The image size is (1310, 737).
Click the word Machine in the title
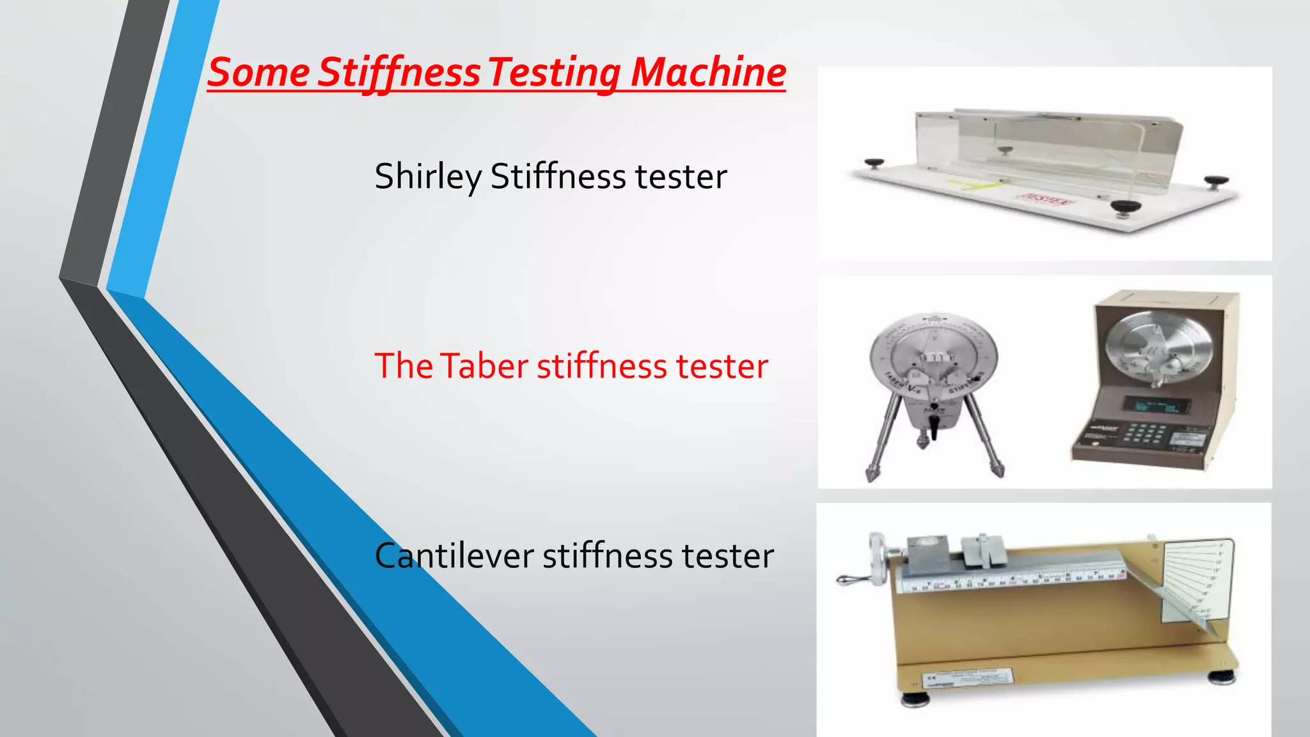(708, 72)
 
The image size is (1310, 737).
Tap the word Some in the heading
(258, 72)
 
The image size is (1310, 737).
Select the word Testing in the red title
(554, 73)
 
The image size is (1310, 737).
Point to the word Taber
(484, 366)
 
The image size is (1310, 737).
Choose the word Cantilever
(454, 555)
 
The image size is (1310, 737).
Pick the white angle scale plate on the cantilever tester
(1195, 580)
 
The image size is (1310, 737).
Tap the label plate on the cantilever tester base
(966, 679)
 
